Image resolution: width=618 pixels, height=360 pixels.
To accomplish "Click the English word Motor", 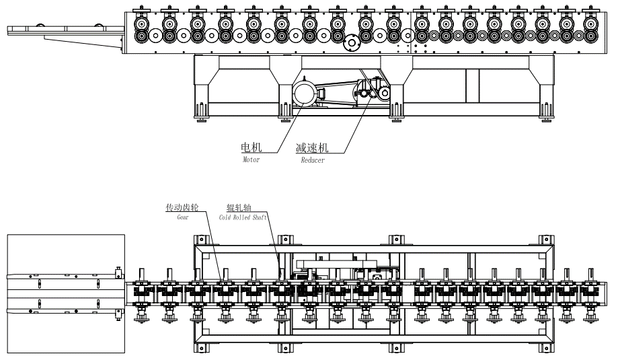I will click(x=250, y=159).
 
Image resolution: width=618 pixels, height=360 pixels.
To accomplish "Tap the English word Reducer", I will click(x=312, y=160).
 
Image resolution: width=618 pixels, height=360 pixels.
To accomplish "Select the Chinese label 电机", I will click(x=252, y=148).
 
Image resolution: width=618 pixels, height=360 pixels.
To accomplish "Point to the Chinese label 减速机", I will click(x=313, y=148).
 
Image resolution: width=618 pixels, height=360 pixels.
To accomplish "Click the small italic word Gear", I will click(x=183, y=218).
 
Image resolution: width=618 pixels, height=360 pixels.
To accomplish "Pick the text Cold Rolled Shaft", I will click(x=242, y=218).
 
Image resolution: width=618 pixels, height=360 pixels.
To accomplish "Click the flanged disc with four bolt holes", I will click(x=351, y=44).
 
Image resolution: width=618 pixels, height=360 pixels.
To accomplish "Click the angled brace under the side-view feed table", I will click(x=81, y=41).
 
